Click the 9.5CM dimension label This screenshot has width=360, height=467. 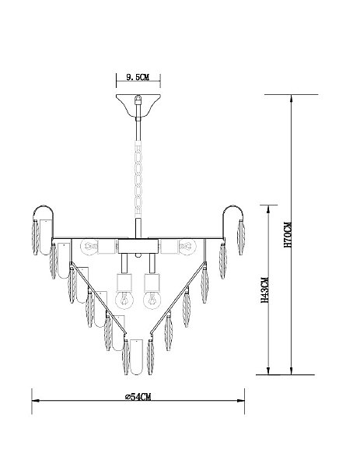138,78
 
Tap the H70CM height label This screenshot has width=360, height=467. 288,235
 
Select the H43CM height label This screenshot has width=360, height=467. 264,290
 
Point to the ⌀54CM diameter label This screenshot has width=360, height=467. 138,397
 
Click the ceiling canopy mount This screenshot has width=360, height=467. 138,105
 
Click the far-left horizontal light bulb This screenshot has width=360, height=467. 89,247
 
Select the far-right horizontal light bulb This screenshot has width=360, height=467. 187,247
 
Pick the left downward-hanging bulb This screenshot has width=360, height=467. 124,300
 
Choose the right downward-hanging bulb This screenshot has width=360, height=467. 152,300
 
